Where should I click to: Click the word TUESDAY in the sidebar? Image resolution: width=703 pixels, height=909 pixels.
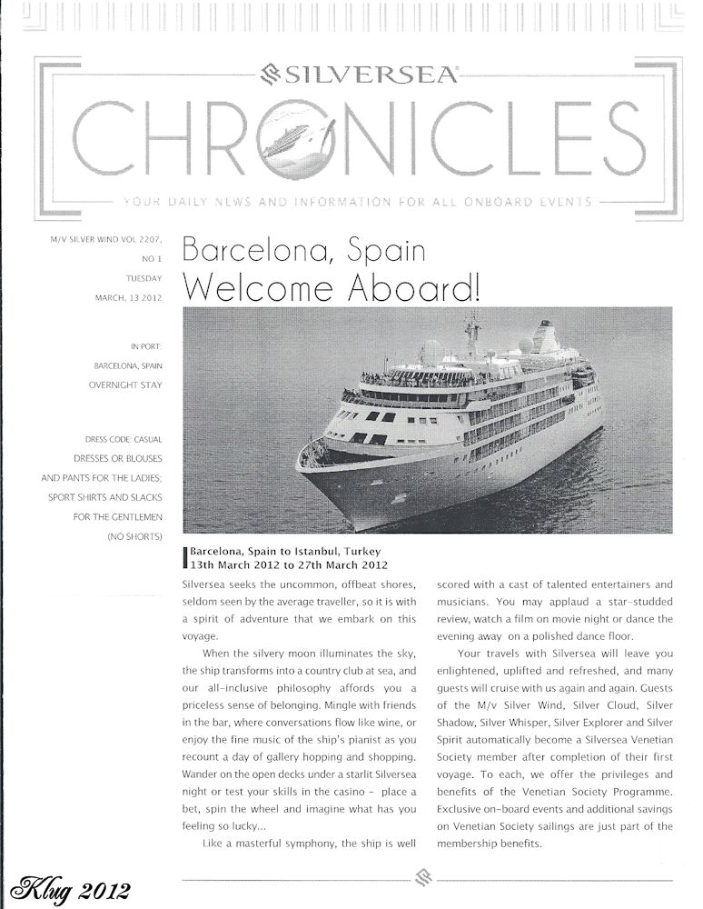144,280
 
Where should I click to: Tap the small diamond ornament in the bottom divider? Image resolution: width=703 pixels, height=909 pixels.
421,879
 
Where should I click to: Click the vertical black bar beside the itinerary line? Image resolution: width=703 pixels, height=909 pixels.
185,558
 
